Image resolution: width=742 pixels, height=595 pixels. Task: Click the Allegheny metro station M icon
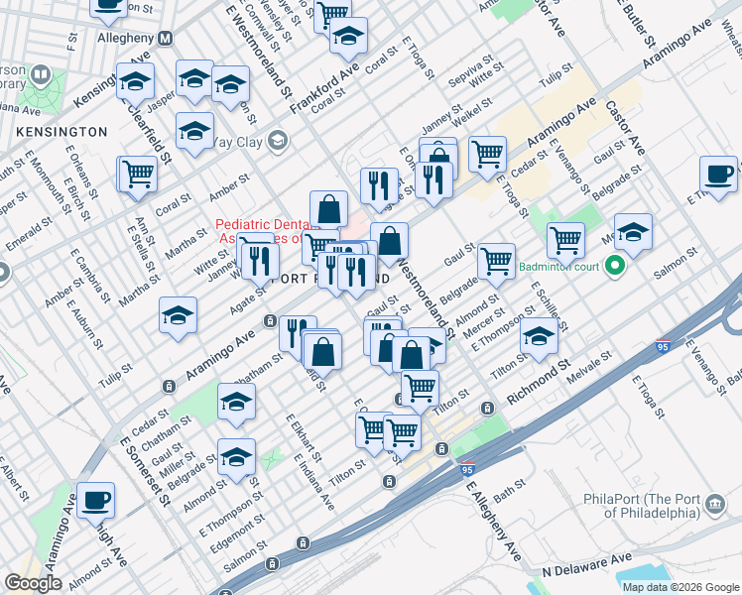(x=166, y=38)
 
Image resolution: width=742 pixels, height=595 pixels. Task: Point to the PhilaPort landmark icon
(x=714, y=508)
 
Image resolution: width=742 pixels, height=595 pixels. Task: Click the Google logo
(x=33, y=583)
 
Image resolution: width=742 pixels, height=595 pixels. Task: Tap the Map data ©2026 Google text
(x=680, y=587)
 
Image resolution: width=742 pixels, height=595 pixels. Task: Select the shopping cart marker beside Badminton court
(x=565, y=238)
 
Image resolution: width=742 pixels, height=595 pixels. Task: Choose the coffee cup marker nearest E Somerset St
(x=96, y=500)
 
